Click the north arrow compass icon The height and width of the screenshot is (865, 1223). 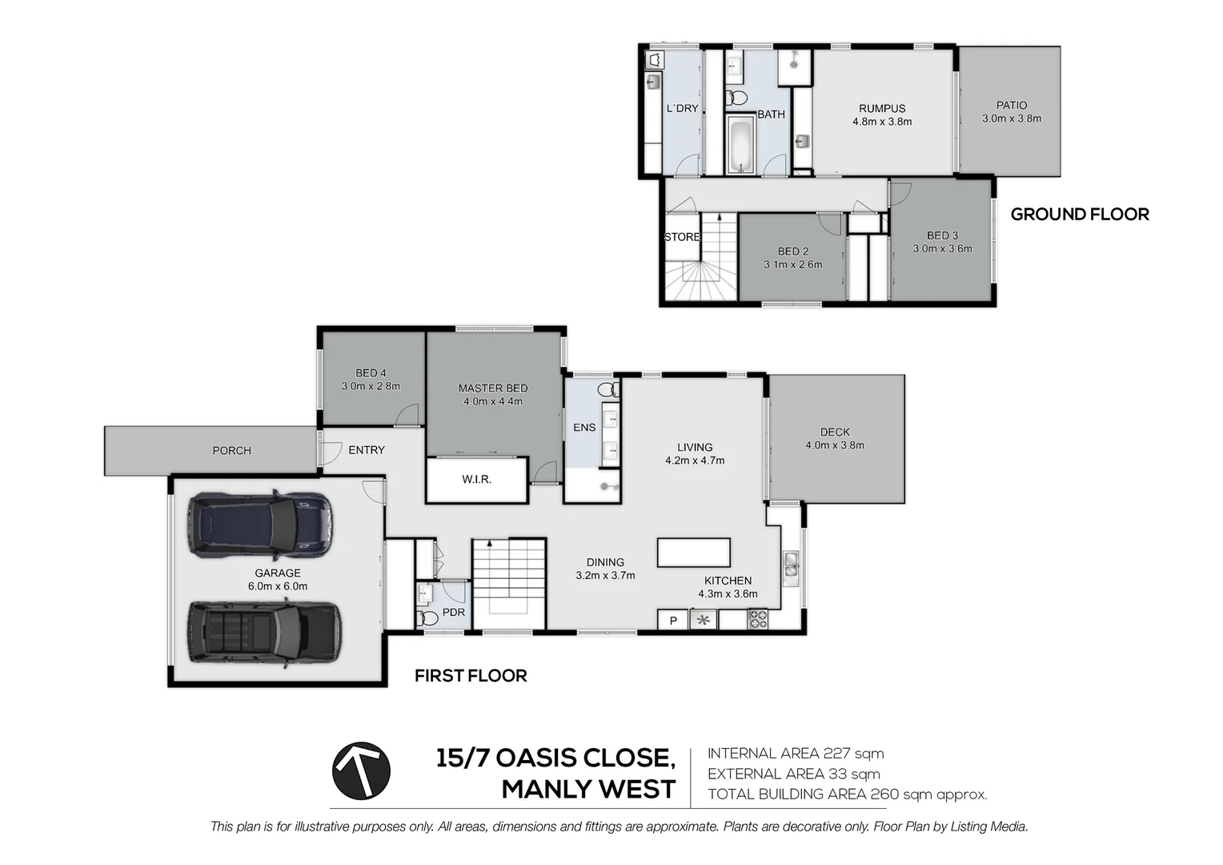(x=361, y=770)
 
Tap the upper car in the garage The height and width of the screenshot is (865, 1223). (x=261, y=525)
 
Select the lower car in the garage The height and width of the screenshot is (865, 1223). (x=265, y=633)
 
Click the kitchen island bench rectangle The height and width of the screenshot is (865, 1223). (x=693, y=553)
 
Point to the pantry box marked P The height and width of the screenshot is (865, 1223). (x=672, y=620)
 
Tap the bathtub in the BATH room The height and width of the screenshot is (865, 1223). (x=740, y=145)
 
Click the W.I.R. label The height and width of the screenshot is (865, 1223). (x=477, y=479)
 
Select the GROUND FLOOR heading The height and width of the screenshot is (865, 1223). (x=1080, y=214)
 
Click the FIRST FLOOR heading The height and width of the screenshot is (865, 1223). (x=471, y=675)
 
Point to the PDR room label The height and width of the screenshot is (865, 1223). (x=453, y=612)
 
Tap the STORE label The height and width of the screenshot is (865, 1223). (x=682, y=236)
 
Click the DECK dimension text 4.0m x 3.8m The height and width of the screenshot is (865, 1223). (x=835, y=445)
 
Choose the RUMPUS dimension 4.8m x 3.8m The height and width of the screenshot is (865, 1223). (x=882, y=122)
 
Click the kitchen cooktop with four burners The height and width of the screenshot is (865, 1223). (x=757, y=620)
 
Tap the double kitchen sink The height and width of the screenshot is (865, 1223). (x=791, y=565)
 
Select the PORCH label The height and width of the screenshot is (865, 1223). (x=231, y=451)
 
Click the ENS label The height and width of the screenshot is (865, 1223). (x=584, y=428)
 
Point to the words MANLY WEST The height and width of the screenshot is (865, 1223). (x=588, y=789)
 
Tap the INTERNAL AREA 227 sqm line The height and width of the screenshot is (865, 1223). (x=796, y=754)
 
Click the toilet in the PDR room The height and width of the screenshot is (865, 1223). (x=427, y=618)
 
